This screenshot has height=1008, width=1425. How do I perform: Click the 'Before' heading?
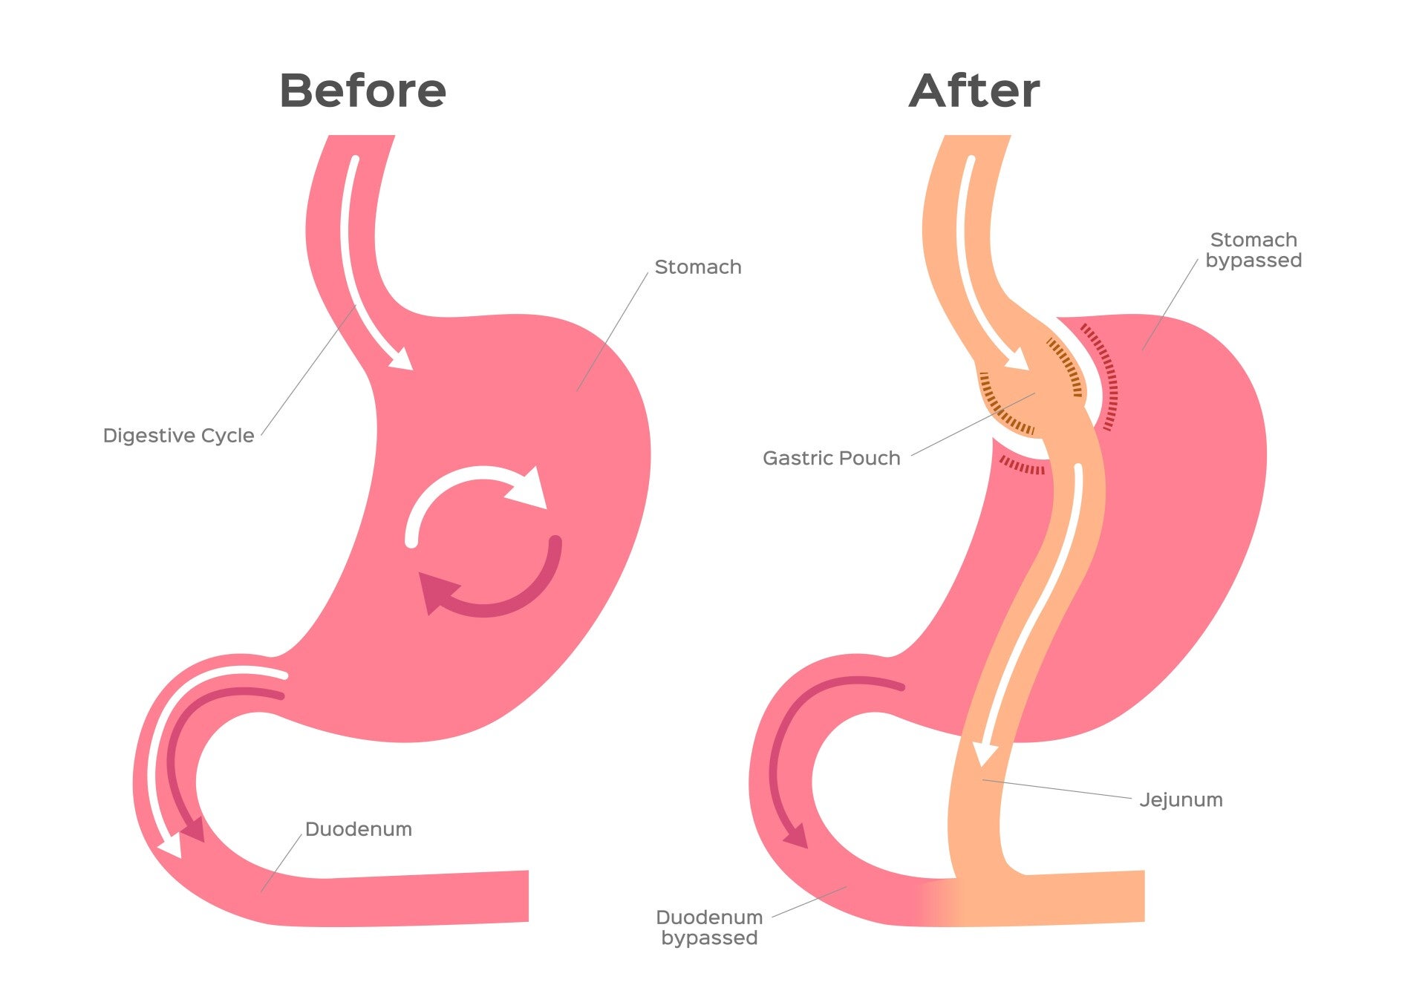coord(362,91)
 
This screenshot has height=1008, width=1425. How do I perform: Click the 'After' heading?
coord(974,91)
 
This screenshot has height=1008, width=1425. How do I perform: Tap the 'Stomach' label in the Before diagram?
coord(697,267)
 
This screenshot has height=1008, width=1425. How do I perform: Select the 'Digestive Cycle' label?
coord(178,436)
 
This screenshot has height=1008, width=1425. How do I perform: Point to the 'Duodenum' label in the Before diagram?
coord(358,829)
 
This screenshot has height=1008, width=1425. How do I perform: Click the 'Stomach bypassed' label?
coord(1253,250)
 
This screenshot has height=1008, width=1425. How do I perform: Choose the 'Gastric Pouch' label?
coord(831,458)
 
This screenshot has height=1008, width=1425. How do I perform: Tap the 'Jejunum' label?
coord(1181,800)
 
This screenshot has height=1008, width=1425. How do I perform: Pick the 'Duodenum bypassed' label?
coord(709,928)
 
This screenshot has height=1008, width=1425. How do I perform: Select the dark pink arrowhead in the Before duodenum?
coord(194,829)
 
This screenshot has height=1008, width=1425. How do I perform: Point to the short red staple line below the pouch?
coord(1022,466)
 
